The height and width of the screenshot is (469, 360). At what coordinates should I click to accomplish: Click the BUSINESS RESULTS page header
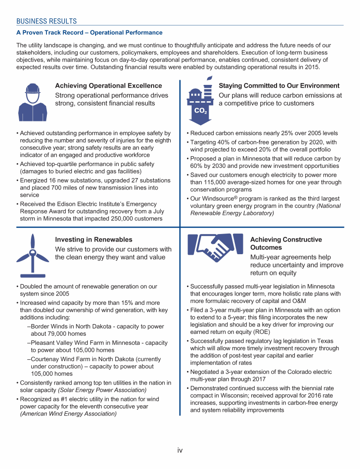[46, 21]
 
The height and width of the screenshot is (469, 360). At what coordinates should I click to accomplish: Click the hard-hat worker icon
[32, 102]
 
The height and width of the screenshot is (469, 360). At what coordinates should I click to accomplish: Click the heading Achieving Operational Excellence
[108, 86]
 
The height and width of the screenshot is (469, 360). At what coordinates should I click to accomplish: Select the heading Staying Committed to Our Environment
[279, 86]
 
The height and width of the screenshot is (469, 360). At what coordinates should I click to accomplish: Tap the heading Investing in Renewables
[94, 240]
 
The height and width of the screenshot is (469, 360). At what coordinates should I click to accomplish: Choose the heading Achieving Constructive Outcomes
[286, 243]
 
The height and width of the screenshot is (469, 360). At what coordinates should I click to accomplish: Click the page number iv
[180, 450]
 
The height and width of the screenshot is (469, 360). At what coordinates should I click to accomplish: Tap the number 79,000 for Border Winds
[61, 334]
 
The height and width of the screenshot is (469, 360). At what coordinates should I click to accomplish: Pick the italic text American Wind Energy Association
[68, 414]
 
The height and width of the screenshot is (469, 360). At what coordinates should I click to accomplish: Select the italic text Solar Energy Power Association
[102, 390]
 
